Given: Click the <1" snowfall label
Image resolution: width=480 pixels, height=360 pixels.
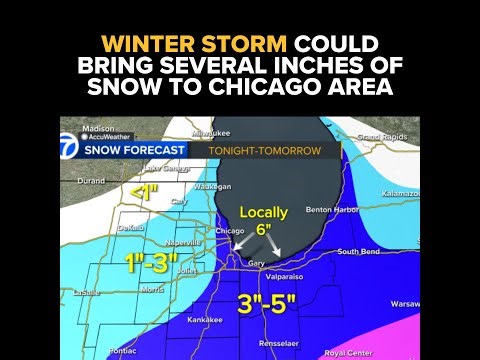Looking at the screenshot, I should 146,191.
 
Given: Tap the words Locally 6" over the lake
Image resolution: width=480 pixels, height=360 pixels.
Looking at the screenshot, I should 263,220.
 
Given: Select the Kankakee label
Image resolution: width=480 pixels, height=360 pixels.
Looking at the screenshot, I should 205,319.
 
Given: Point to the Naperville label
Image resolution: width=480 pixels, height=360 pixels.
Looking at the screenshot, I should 184,242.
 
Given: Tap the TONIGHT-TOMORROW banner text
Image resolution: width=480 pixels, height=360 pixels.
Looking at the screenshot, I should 264,151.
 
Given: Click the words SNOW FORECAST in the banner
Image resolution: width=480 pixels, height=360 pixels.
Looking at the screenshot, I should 135,151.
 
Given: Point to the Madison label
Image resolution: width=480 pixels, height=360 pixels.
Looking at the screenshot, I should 97,129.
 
